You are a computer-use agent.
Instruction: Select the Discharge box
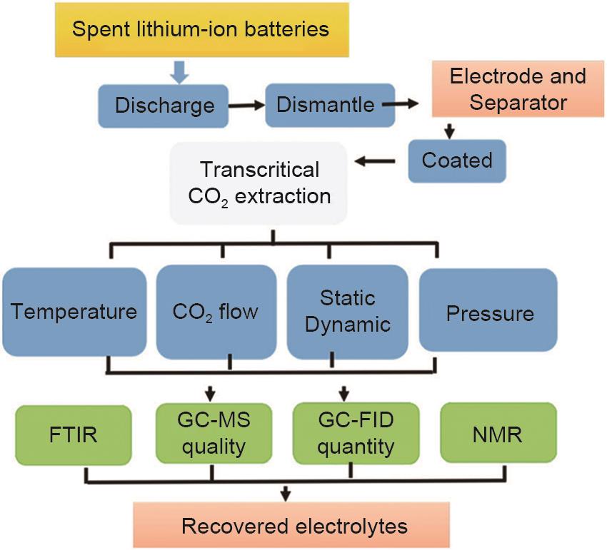coord(164,105)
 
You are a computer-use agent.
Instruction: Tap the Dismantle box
coord(325,105)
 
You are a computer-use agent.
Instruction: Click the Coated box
coord(457,160)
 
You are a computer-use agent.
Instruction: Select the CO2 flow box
coord(216,312)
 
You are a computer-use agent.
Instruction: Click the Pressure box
coord(490,312)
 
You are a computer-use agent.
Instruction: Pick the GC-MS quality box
coord(211,433)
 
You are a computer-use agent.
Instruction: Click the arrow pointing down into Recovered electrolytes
coord(286,492)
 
